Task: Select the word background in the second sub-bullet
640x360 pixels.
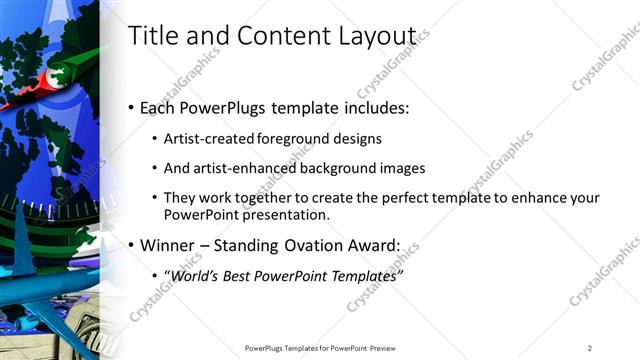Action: [x=341, y=168]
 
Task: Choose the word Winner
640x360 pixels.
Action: [x=166, y=244]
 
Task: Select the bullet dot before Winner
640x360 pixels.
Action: [x=132, y=245]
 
